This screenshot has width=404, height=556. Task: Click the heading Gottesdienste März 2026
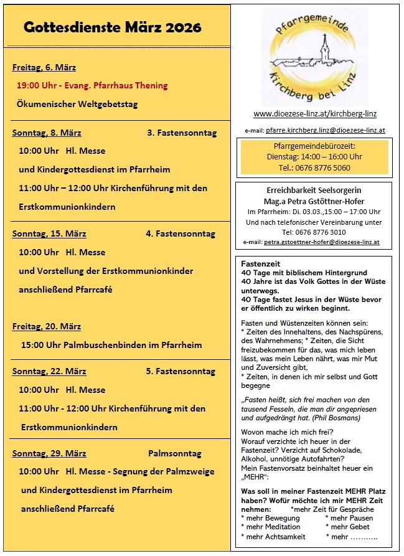click(x=113, y=27)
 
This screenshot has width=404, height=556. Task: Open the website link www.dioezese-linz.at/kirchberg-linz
click(x=314, y=114)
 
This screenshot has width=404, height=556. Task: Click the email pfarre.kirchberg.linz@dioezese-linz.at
click(x=326, y=131)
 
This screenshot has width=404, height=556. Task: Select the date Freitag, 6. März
click(x=44, y=67)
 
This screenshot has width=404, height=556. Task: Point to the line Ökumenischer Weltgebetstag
click(x=77, y=104)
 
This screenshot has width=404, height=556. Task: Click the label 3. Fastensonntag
click(x=181, y=133)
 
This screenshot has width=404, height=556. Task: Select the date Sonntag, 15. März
click(x=49, y=233)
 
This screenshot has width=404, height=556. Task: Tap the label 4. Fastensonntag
click(x=181, y=233)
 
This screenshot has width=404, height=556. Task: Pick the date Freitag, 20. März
click(x=46, y=326)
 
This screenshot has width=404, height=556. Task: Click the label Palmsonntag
click(x=171, y=453)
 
